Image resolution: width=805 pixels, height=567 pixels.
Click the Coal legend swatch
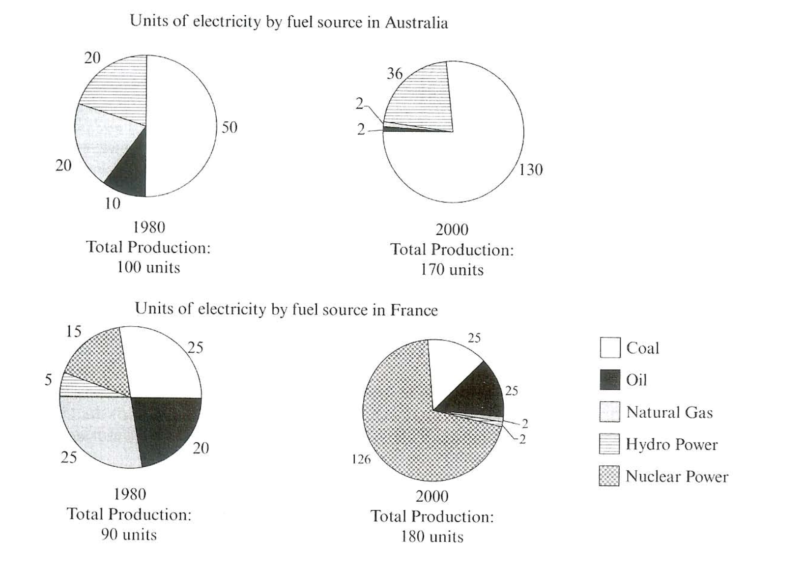click(609, 348)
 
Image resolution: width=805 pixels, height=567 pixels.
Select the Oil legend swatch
click(609, 380)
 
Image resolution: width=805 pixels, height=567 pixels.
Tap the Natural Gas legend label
click(669, 412)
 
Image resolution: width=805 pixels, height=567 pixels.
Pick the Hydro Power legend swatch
click(609, 444)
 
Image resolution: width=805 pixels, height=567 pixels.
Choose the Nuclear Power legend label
click(677, 476)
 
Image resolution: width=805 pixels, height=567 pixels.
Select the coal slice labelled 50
click(182, 125)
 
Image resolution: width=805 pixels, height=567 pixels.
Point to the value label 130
click(531, 170)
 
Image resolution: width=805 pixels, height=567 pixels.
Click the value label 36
click(394, 74)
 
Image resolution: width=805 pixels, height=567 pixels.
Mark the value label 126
click(361, 460)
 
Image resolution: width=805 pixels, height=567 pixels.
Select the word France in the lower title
click(414, 310)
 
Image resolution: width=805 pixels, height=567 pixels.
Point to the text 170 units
click(452, 270)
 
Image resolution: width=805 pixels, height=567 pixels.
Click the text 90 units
click(129, 535)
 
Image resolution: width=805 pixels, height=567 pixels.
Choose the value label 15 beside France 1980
click(73, 332)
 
